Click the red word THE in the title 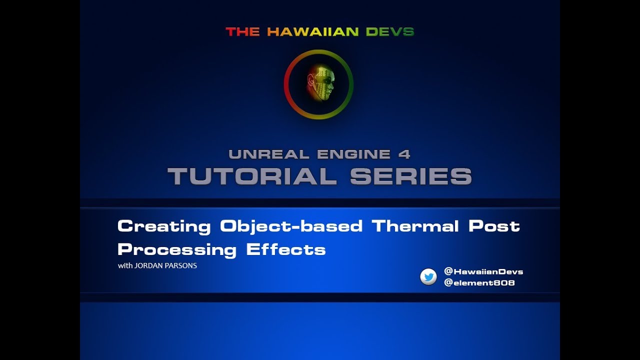[242, 32]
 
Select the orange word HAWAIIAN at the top [313, 32]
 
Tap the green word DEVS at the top [390, 32]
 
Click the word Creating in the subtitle [164, 226]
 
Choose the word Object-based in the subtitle [291, 226]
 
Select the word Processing [177, 249]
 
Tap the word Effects [286, 249]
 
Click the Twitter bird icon [428, 277]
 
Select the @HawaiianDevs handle [483, 271]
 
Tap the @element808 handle [479, 283]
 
